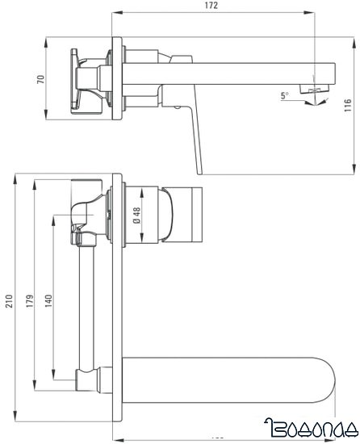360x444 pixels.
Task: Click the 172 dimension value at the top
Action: pos(211,6)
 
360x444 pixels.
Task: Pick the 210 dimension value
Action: pos(9,300)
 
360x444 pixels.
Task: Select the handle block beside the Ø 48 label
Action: pos(186,214)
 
